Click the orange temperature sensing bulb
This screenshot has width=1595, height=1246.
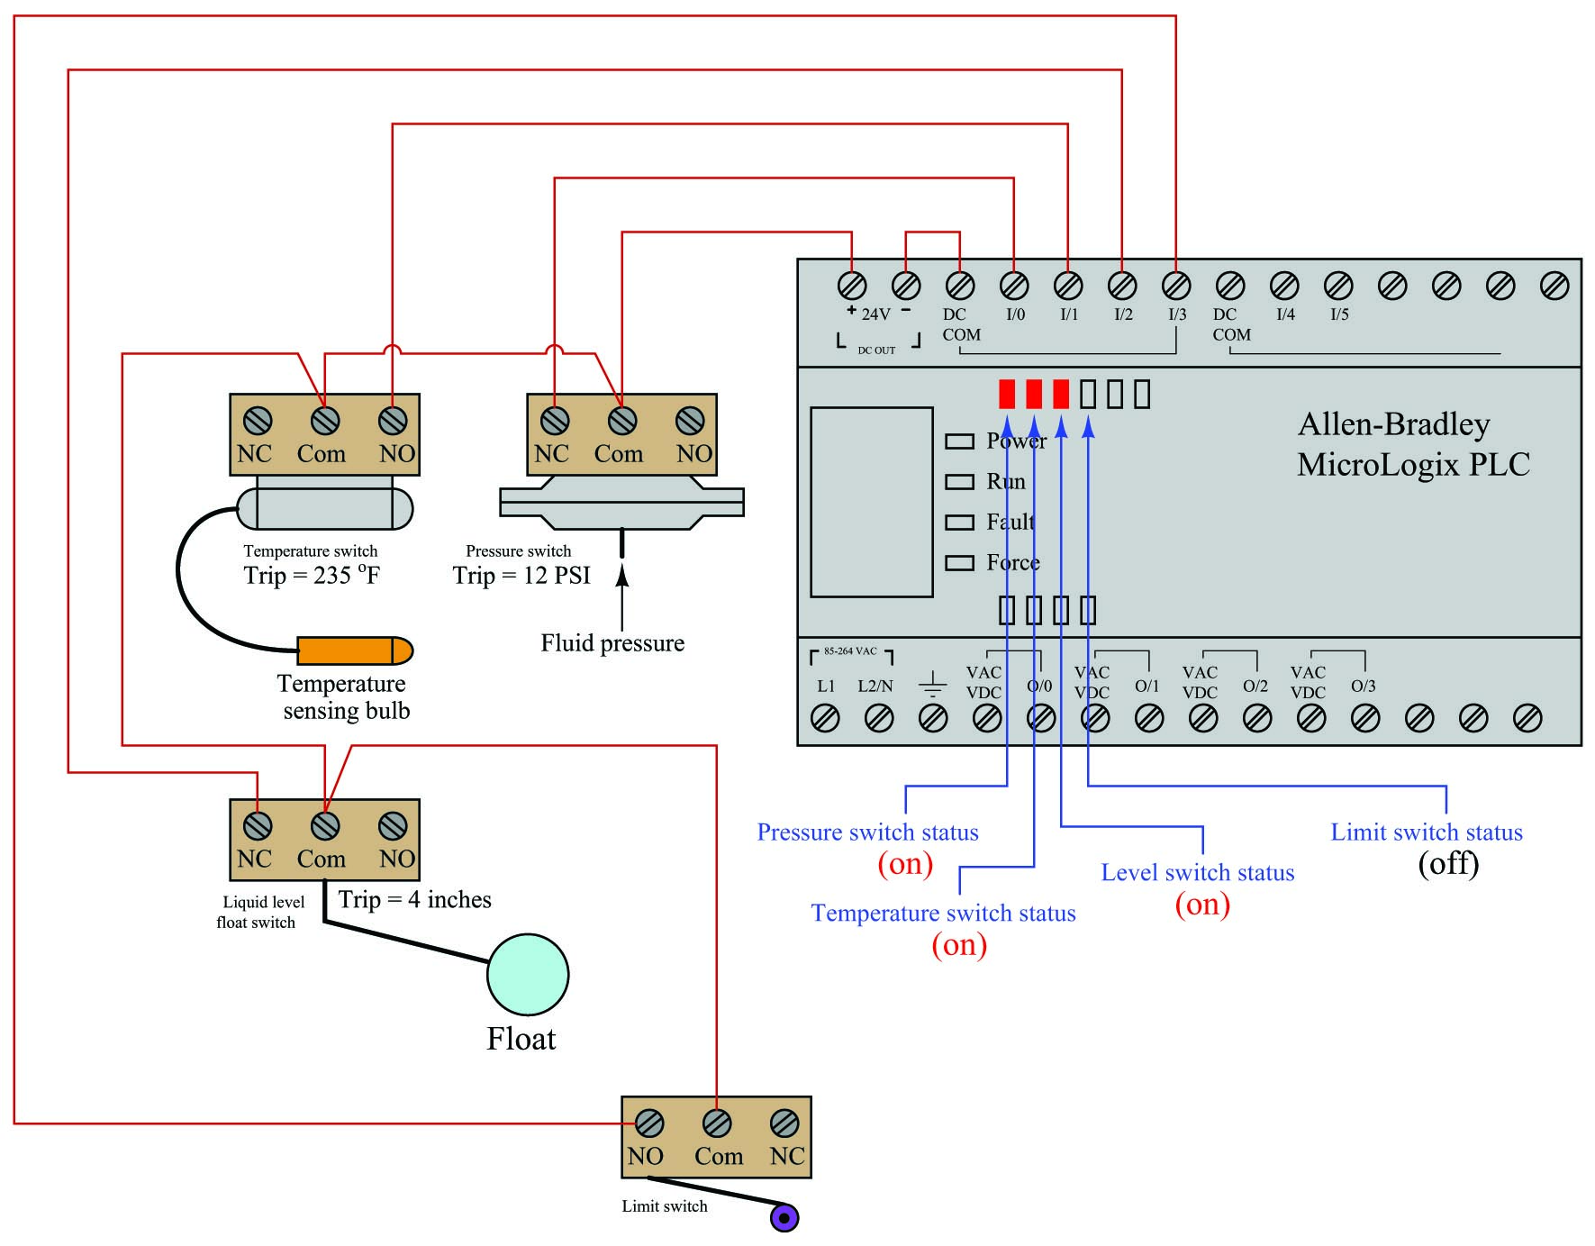355,650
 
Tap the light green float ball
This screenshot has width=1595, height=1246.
528,975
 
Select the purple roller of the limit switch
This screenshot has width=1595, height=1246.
784,1218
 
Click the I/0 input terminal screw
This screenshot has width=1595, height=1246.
1014,286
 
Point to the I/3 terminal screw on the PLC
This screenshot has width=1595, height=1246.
1176,286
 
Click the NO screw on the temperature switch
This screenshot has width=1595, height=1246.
393,421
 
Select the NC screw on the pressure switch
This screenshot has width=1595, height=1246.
555,421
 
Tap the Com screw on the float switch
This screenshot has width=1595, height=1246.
325,826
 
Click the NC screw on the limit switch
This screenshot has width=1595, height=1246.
784,1123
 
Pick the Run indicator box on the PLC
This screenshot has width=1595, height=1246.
959,482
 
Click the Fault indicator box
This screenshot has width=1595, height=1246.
959,523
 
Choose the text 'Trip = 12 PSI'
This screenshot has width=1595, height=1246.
521,576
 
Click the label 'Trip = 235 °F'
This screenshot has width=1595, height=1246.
312,575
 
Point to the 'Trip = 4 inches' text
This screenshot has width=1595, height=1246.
414,900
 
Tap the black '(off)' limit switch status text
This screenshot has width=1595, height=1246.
1448,864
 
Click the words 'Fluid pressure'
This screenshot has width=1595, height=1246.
612,643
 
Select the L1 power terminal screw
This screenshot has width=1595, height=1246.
825,718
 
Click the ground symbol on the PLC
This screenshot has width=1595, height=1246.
933,684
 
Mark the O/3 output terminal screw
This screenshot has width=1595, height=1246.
1365,718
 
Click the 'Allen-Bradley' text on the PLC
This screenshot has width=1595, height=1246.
1394,425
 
